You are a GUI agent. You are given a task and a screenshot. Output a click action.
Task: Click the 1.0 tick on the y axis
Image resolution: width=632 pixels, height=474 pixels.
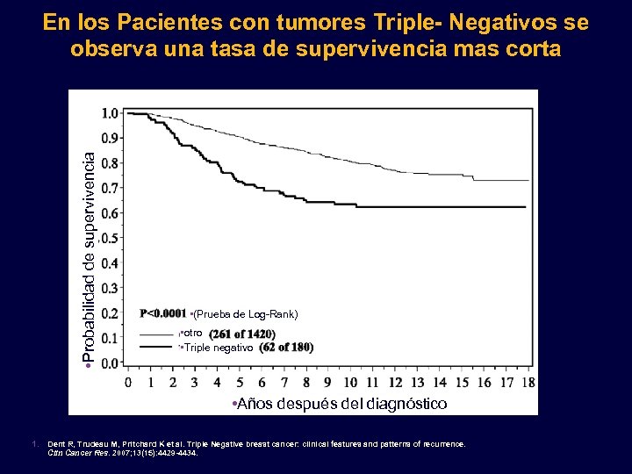111,113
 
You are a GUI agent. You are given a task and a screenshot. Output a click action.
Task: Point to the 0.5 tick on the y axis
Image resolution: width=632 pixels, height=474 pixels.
111,238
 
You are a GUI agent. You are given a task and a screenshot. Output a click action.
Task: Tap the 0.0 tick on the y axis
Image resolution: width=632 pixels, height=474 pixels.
111,363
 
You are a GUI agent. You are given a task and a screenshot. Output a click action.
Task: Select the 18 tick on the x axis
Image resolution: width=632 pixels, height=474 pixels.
528,383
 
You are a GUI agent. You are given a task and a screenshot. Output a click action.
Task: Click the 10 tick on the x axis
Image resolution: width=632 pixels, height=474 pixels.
350,383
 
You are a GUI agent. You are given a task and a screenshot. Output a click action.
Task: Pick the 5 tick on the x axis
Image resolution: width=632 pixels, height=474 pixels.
239,383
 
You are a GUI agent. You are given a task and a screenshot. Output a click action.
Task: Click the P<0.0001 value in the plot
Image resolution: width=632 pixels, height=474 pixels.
163,313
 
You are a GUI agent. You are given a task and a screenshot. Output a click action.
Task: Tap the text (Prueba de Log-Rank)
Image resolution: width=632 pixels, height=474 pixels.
246,313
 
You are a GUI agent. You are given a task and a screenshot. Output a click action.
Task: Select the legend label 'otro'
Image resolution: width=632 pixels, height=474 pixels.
193,333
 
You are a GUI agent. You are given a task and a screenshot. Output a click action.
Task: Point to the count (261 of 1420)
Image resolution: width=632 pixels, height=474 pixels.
242,334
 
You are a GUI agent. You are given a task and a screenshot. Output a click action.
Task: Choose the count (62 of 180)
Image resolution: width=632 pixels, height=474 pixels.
286,348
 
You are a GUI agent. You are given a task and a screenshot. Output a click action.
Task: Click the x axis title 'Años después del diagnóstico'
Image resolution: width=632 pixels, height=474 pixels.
338,404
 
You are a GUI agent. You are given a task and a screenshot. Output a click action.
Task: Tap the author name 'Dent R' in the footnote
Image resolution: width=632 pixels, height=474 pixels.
61,444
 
